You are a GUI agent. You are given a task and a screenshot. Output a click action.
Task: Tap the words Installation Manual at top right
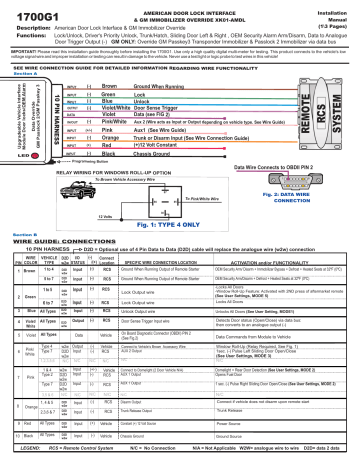[x=334, y=14]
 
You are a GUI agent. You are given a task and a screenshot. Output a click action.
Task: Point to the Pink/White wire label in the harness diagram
[x=128, y=120]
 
